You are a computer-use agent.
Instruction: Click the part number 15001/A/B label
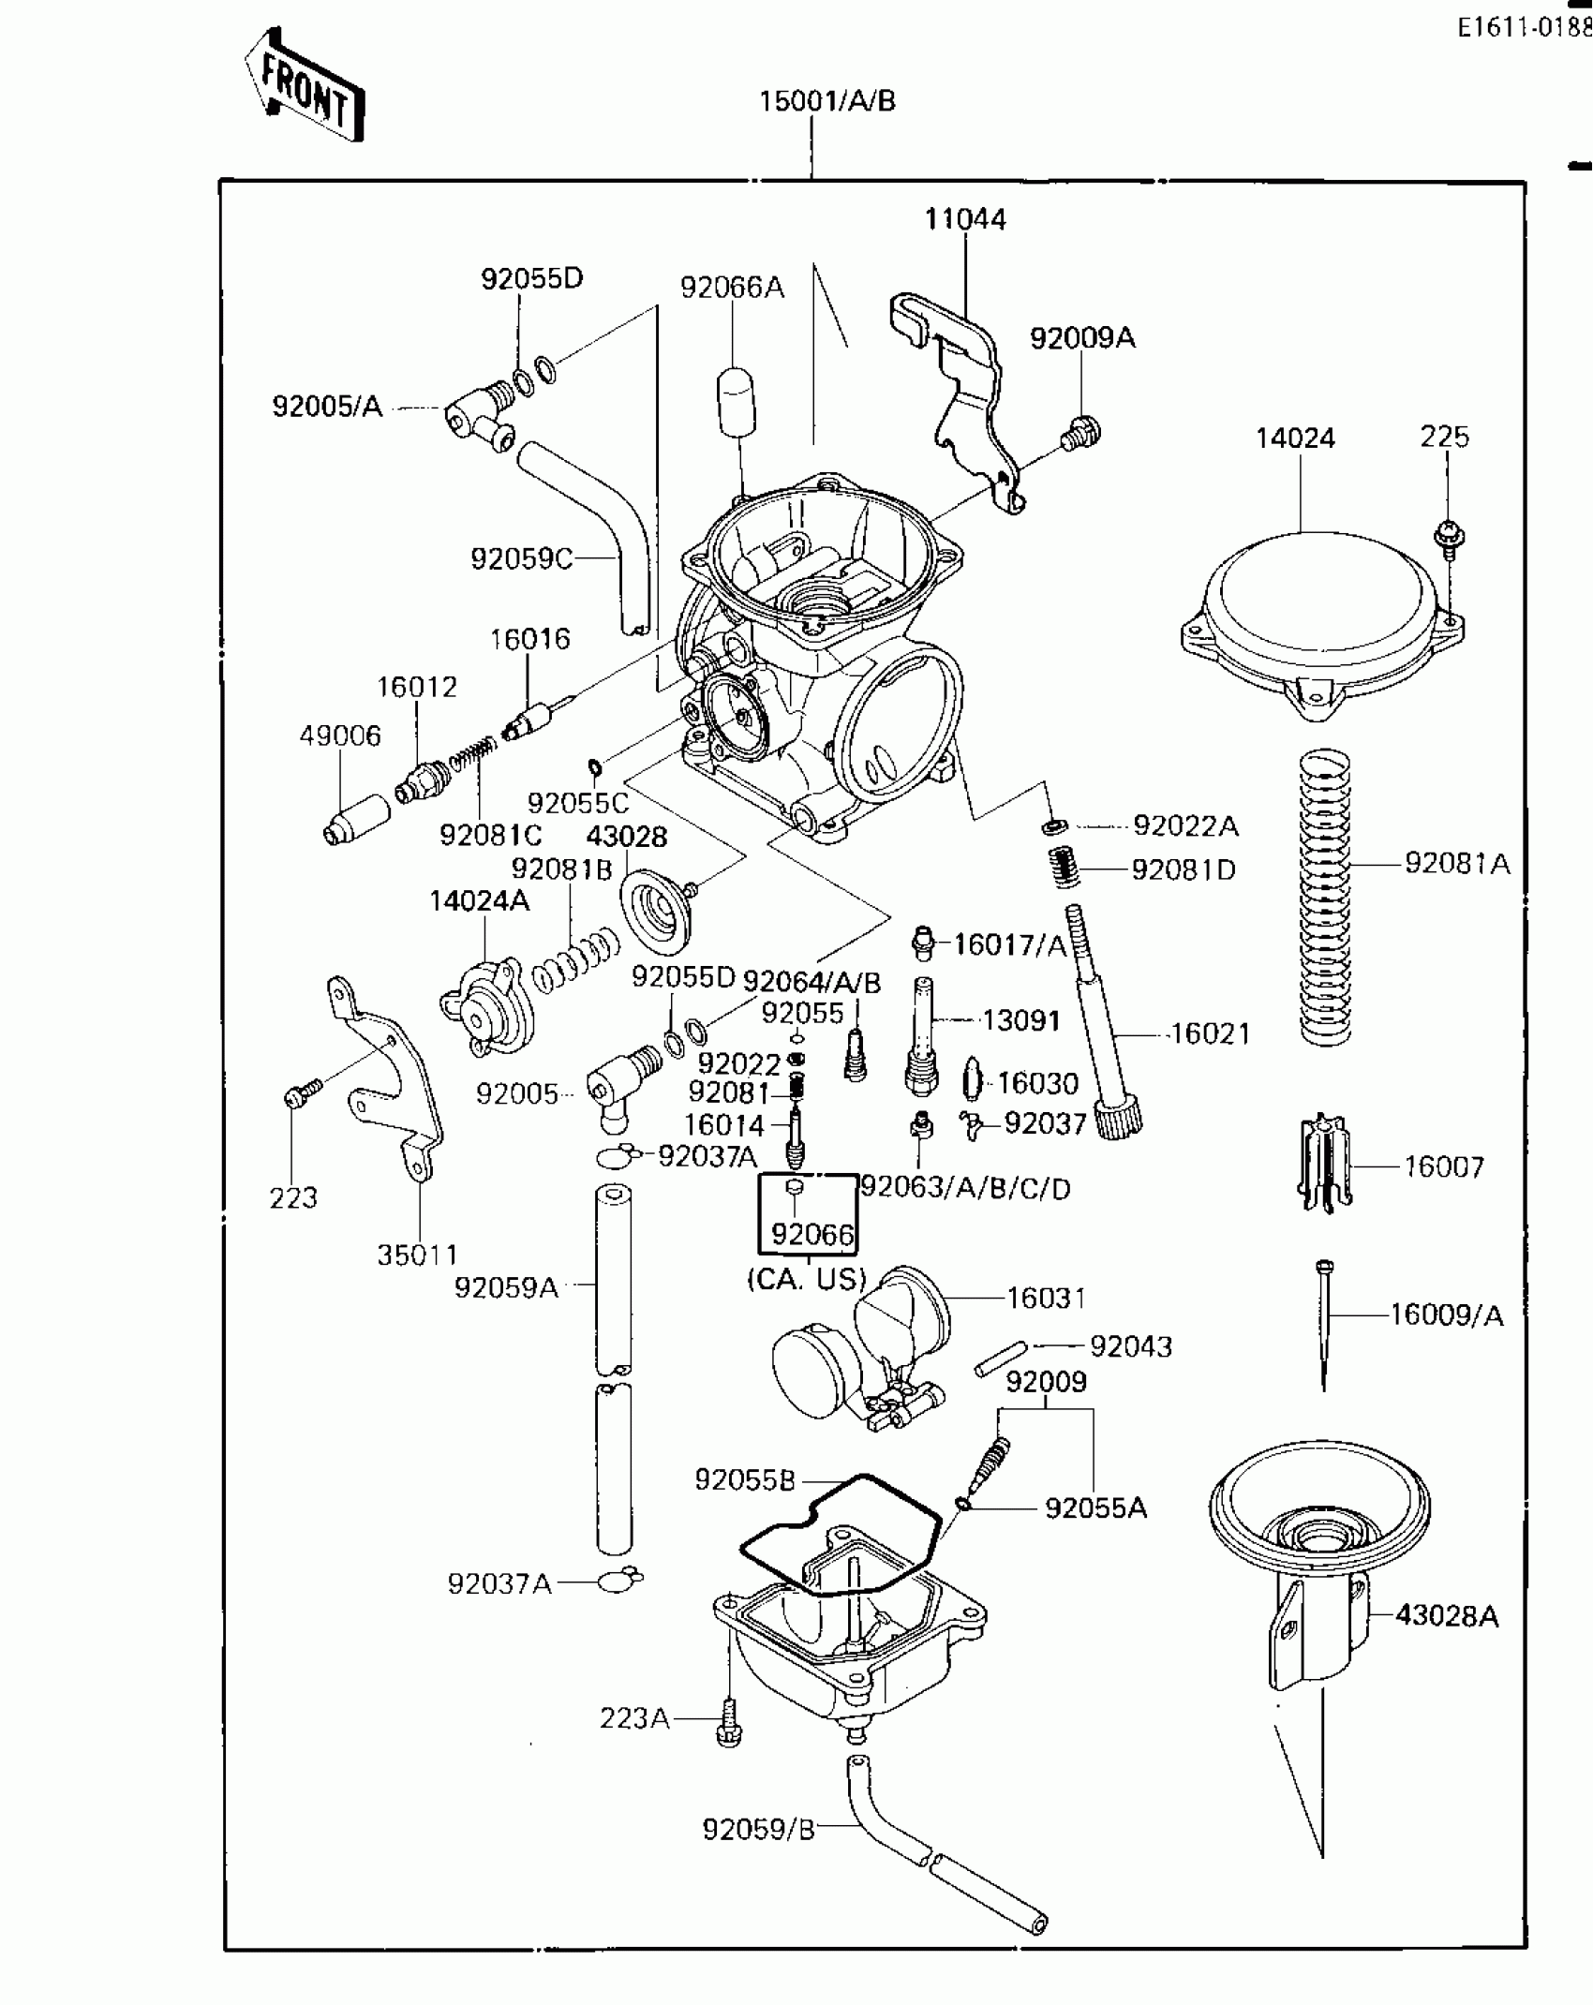[826, 101]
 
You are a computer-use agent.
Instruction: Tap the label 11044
[964, 219]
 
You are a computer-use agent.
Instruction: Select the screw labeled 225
[1449, 538]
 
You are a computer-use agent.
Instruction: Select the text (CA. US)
[806, 1279]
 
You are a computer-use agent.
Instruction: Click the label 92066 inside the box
[811, 1235]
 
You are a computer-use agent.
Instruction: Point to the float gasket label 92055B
[744, 1479]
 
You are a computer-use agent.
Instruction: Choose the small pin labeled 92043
[1002, 1358]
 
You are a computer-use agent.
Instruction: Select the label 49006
[340, 735]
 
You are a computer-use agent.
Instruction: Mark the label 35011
[417, 1255]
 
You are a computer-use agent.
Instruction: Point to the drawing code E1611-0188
[1524, 28]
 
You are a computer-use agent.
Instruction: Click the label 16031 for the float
[1046, 1298]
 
